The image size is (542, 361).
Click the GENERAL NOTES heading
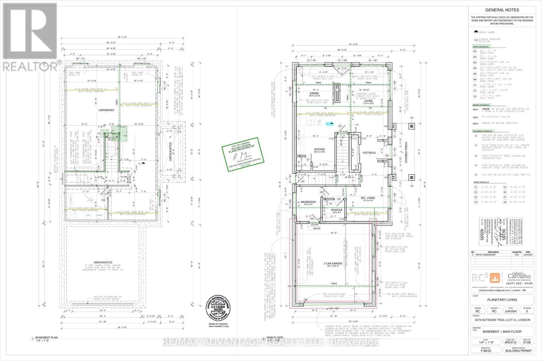(502, 10)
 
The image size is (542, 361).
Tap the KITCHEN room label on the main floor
(319, 149)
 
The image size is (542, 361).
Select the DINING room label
(314, 93)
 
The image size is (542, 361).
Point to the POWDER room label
(336, 210)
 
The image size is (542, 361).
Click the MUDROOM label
(308, 202)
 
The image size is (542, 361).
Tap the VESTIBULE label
(369, 153)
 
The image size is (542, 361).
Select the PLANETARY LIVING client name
(502, 300)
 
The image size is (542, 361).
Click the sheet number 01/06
(527, 342)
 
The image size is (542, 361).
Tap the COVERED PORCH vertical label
(406, 157)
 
